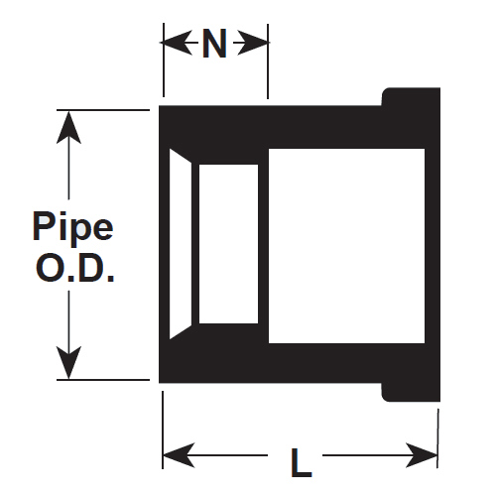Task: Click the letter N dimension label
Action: pos(214,44)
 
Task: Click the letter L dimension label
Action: pos(302,462)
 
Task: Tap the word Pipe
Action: pos(73,227)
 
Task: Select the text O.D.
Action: pos(74,268)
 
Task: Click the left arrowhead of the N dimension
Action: pos(176,43)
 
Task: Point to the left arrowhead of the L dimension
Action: pos(179,455)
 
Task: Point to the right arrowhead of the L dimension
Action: pos(422,455)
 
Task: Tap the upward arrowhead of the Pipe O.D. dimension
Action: pos(68,127)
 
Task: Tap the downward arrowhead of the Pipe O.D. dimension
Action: pos(68,362)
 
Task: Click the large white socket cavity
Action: pos(346,246)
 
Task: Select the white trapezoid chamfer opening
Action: pos(181,244)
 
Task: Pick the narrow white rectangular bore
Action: pos(228,244)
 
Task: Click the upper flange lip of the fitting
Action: pos(411,97)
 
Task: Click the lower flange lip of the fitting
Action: pos(411,392)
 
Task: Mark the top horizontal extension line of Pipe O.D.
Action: pos(103,110)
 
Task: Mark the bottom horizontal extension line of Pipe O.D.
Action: pos(103,380)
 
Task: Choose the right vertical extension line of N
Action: pos(268,62)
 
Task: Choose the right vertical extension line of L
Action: pos(437,438)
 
